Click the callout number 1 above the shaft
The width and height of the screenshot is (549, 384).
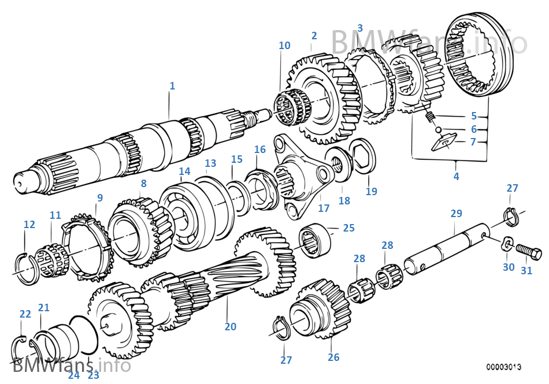[172, 86]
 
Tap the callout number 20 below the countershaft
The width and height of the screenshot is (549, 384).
[230, 327]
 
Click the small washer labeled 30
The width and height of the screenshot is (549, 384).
[507, 243]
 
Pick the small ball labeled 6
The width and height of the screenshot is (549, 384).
[439, 129]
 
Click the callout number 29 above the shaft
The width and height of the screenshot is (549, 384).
[456, 214]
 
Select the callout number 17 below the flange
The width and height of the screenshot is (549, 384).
[324, 207]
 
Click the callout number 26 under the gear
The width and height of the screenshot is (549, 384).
[333, 357]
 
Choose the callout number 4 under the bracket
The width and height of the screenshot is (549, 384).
[456, 177]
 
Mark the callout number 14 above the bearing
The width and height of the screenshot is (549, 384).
[184, 172]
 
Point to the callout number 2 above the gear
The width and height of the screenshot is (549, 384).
[314, 36]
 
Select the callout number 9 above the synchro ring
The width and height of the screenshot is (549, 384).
[99, 197]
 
